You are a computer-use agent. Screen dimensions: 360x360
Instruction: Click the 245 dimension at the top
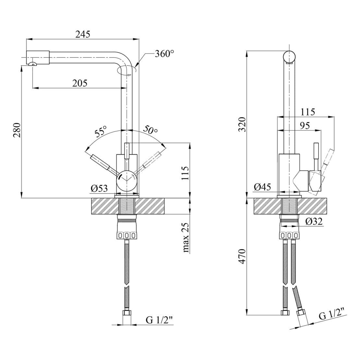point(83,34)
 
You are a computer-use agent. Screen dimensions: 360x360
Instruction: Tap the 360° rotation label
point(164,54)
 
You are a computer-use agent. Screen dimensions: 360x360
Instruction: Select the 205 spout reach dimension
point(80,83)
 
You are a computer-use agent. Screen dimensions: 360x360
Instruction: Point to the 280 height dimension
point(17,130)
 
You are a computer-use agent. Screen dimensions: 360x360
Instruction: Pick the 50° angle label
point(150,130)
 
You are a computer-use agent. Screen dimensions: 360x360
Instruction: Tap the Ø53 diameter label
point(99,188)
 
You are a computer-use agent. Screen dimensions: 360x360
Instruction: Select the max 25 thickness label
point(186,237)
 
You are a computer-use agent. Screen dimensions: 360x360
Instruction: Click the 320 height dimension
point(242,124)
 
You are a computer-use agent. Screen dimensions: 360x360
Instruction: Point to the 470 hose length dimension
point(242,256)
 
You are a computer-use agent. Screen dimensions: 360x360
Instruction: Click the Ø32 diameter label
point(314,221)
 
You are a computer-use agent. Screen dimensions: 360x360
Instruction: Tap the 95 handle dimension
point(305,126)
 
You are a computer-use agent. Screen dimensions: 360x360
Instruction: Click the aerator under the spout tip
point(33,64)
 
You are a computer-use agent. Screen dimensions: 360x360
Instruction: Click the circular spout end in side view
point(289,56)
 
